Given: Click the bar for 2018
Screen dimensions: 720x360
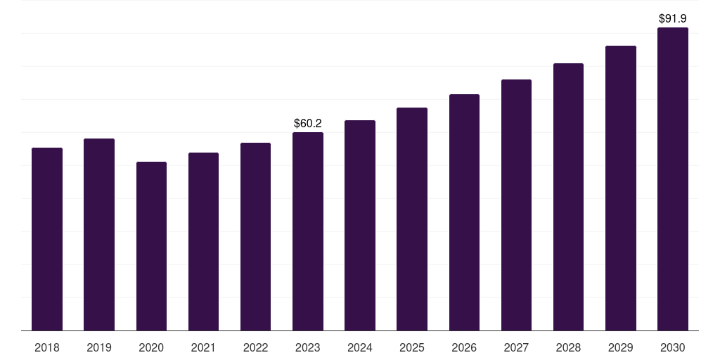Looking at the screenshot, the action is (x=47, y=239).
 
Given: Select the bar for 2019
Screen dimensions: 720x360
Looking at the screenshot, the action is (x=99, y=235).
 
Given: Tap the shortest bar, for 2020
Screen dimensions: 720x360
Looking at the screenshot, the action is (x=152, y=246).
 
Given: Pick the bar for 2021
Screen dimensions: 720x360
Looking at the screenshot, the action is (x=203, y=242).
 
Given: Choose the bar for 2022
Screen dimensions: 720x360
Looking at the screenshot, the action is (x=255, y=236).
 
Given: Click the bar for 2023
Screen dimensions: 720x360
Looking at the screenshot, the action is (x=308, y=231).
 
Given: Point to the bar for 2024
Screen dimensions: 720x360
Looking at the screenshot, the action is (x=360, y=226).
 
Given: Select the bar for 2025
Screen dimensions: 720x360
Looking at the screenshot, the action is (x=412, y=219).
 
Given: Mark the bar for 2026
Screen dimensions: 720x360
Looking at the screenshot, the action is (x=464, y=212).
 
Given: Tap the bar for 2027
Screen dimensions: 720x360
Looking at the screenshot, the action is (x=516, y=205).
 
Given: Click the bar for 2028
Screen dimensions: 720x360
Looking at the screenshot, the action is (x=568, y=197).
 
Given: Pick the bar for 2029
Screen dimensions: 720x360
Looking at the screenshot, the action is (x=621, y=188).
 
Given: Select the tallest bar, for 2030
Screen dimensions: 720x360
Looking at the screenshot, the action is (x=673, y=179).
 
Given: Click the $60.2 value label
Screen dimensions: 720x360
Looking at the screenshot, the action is (x=308, y=123).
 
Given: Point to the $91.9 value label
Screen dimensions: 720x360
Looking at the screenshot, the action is (x=673, y=18).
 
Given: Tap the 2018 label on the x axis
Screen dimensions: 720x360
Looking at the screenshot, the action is (x=47, y=347).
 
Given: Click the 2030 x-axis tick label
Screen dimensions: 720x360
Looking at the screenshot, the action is (x=673, y=347).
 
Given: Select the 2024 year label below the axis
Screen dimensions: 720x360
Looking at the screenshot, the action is (x=360, y=347).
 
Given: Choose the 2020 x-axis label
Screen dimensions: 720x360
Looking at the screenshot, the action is (x=152, y=347).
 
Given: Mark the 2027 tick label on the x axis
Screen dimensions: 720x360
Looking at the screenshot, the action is (x=516, y=347).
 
